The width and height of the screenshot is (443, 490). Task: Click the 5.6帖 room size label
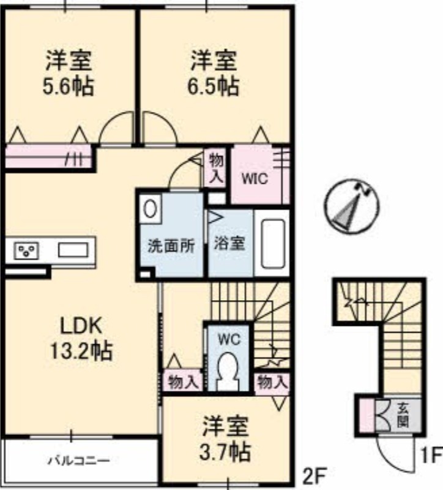[x=68, y=86]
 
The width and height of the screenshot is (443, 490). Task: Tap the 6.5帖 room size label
[x=213, y=86]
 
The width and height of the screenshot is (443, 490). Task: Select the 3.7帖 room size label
[x=225, y=451]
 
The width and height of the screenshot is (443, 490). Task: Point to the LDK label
[x=81, y=325]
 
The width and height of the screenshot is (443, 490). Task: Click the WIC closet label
[x=255, y=179]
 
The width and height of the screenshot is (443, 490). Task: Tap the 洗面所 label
[x=171, y=246]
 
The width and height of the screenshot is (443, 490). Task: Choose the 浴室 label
[x=229, y=243]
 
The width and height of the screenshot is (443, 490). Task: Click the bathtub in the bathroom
[x=273, y=243]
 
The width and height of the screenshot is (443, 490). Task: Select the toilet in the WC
[x=228, y=371]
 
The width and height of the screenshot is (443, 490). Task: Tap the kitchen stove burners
[x=26, y=251]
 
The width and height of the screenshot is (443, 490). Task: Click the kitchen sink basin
[x=73, y=251]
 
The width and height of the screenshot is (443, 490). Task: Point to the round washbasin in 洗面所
[x=150, y=209]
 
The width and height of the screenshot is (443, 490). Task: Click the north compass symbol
[x=351, y=206]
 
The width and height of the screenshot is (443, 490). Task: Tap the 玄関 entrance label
[x=403, y=416]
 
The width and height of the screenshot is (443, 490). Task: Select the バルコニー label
[x=79, y=460]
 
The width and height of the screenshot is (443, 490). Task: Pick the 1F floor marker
[x=432, y=455]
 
